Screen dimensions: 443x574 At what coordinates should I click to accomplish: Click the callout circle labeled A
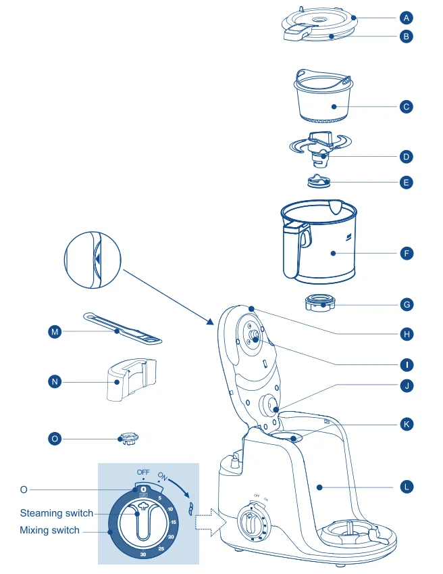point(406,16)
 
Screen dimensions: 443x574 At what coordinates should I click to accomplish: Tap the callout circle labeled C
point(406,107)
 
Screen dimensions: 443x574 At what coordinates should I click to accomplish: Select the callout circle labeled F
point(406,254)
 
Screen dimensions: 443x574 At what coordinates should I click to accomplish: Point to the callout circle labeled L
point(406,486)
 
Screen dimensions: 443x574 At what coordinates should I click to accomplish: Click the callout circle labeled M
point(55,331)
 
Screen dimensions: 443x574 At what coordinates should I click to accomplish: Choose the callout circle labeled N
point(55,382)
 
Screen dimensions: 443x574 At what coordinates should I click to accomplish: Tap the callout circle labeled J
point(406,386)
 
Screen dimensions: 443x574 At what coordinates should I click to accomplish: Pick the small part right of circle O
point(128,439)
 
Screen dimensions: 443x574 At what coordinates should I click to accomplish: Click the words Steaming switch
point(57,513)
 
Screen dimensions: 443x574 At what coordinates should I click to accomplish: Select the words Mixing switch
point(49,530)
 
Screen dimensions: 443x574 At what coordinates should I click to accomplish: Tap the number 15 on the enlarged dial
point(174,523)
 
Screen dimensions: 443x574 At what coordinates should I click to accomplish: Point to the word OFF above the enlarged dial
point(143,471)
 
